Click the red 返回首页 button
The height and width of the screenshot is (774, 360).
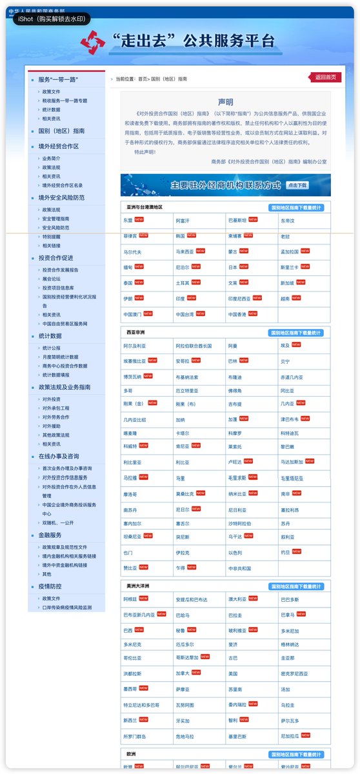pos(325,77)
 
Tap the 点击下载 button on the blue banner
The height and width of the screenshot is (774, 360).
pos(297,185)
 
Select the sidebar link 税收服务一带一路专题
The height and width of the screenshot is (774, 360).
pos(65,101)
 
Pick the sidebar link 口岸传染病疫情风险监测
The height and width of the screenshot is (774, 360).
pos(67,607)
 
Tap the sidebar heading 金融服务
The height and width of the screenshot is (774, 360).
pos(50,535)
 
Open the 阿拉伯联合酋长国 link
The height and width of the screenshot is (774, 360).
pos(194,346)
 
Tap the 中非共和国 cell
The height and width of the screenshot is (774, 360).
pos(239,568)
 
